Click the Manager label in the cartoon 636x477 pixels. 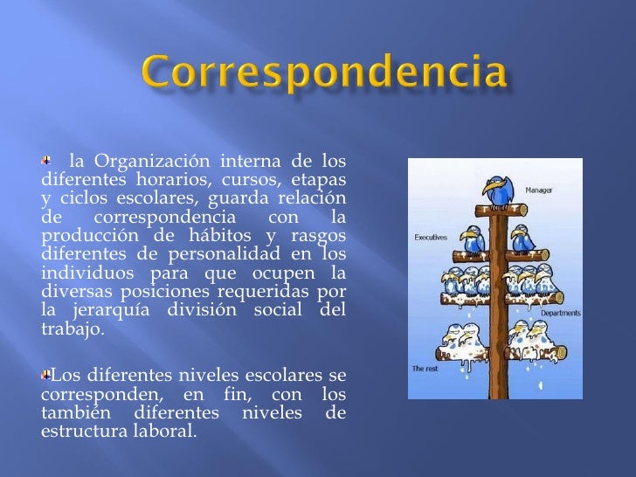point(538,190)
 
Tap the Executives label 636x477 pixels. point(431,236)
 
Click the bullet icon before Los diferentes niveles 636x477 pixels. point(46,375)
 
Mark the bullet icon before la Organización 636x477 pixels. point(47,160)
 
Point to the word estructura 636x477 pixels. point(81,432)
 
